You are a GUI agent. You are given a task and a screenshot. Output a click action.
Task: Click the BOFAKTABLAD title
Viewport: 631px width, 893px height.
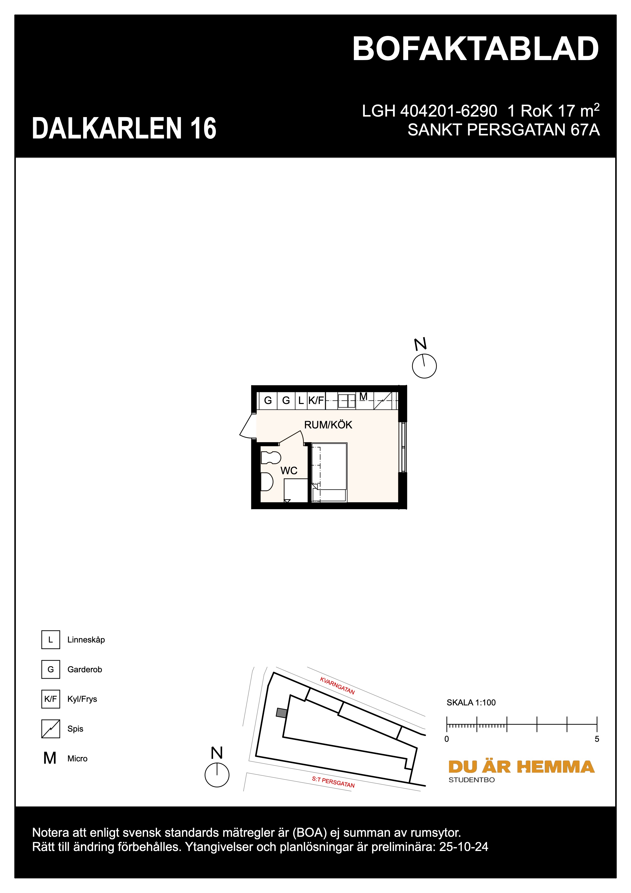pos(475,49)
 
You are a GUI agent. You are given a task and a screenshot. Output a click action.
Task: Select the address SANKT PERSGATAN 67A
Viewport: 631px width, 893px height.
pos(503,130)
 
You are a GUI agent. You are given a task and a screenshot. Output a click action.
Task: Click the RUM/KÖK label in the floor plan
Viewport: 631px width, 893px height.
pos(328,425)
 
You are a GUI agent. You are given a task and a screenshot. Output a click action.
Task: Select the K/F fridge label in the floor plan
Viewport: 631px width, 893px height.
pos(316,400)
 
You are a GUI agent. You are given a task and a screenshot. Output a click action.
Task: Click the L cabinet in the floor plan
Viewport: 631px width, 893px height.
pos(301,400)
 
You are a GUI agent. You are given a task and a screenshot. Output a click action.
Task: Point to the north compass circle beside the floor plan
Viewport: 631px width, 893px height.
pos(424,366)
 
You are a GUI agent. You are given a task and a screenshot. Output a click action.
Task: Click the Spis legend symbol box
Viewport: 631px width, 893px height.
pos(51,729)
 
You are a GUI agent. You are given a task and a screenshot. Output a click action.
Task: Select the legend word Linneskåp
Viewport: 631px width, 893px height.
pos(86,640)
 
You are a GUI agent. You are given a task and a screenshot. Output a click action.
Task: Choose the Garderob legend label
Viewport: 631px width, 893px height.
pos(84,669)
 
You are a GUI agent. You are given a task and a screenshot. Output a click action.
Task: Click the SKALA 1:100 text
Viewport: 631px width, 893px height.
pos(471,702)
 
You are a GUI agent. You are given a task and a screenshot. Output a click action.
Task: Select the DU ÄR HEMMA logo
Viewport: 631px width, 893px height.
pos(521,767)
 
